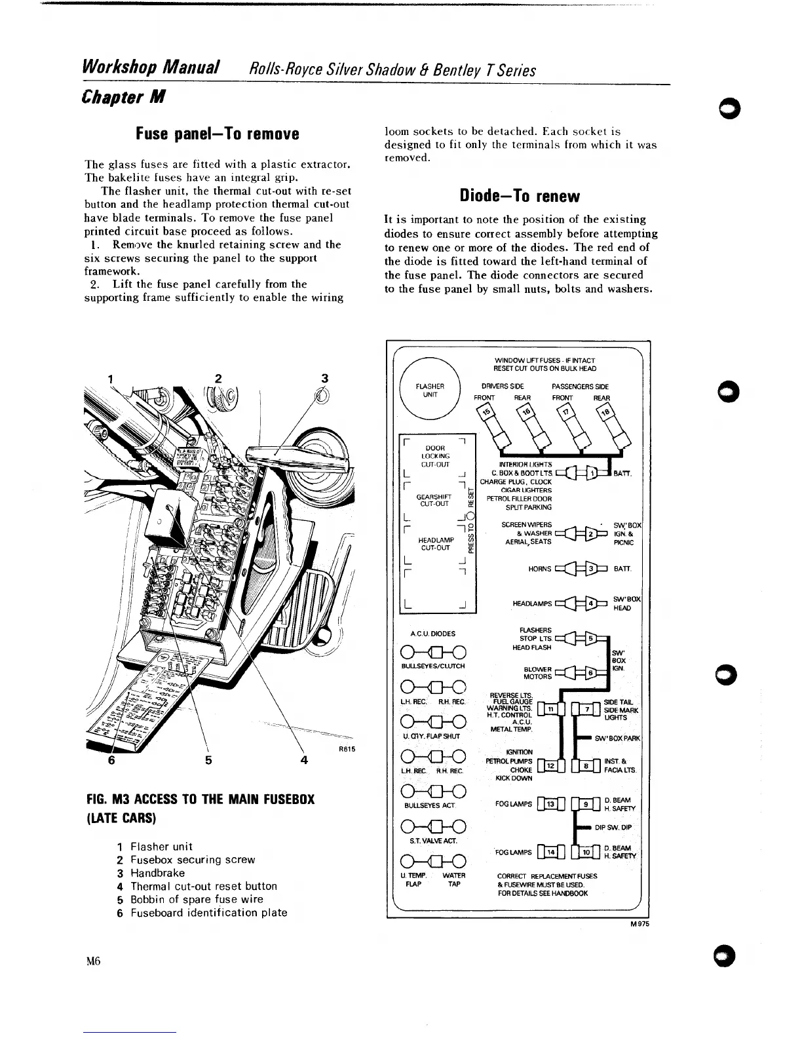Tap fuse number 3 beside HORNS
click(590, 567)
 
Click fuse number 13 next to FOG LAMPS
click(550, 804)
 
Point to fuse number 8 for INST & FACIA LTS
click(587, 765)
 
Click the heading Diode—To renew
click(520, 196)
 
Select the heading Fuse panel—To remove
click(217, 134)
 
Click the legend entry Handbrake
click(158, 873)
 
